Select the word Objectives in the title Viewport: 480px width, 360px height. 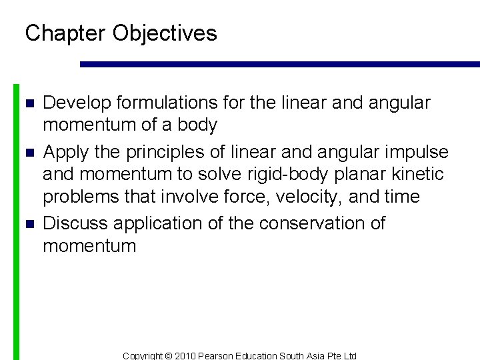[165, 33]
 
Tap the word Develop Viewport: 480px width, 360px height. [77, 103]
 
